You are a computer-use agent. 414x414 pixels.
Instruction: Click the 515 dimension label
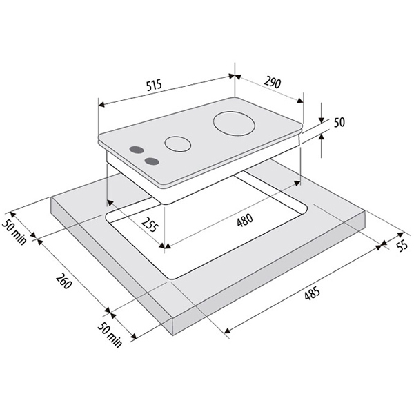pos(154,85)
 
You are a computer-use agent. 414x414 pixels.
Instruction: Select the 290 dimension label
pos(273,83)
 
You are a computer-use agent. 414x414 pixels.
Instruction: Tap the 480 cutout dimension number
pos(245,220)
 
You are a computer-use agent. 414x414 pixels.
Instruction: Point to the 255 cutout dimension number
pos(150,224)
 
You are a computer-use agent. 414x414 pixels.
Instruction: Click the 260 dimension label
pos(63,281)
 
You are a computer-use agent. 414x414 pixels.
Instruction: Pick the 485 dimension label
pos(312,293)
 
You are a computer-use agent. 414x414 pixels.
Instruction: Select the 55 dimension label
pos(402,246)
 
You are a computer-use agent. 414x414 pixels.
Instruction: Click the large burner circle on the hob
pos(234,124)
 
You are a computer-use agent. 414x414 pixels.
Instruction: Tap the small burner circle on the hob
pos(178,144)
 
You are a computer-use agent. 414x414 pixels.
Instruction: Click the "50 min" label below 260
pos(110,335)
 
